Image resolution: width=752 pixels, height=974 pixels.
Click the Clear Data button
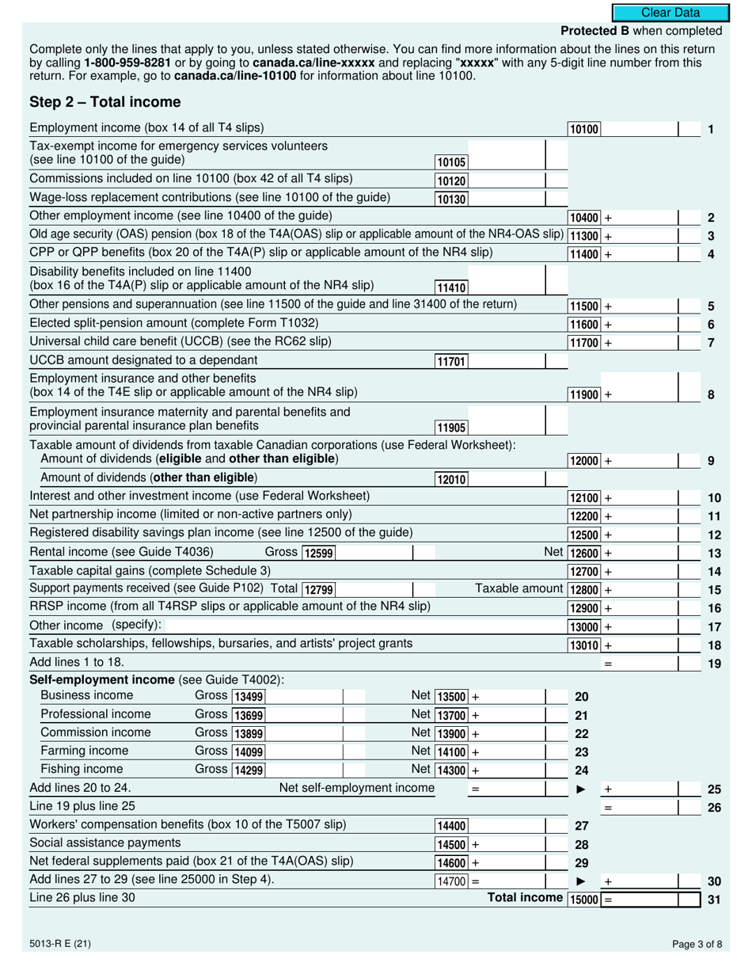point(670,13)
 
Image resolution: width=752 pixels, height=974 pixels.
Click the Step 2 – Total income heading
point(104,102)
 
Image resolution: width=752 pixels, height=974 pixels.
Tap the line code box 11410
point(451,288)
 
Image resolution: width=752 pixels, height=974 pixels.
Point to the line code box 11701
point(451,362)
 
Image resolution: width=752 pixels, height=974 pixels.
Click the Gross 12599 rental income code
point(318,554)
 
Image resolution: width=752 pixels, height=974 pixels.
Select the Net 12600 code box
point(584,554)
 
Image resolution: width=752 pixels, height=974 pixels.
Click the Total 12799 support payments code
point(318,589)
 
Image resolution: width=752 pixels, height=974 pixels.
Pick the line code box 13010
point(584,645)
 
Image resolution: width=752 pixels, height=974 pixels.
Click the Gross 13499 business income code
point(249,697)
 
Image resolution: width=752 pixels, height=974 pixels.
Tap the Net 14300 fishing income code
point(451,770)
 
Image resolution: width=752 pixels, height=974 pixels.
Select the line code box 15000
point(584,900)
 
